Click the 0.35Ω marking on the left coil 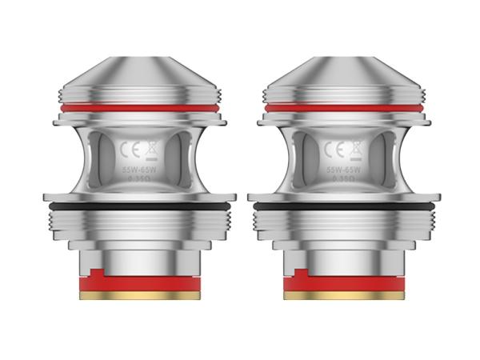coord(140,182)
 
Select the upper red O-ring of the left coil coord(140,106)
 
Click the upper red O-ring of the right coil coord(345,106)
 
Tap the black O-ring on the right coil coord(345,206)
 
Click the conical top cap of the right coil coord(345,80)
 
